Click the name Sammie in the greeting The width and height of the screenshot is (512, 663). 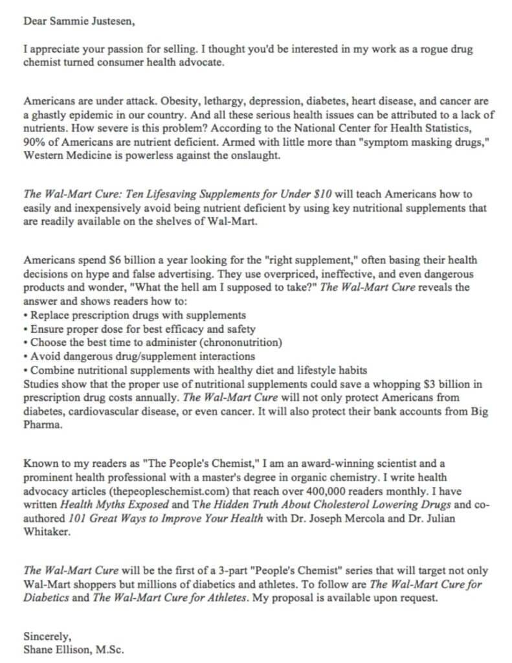69,20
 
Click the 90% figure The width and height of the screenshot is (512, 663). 33,141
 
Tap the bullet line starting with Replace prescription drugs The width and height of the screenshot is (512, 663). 129,315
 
